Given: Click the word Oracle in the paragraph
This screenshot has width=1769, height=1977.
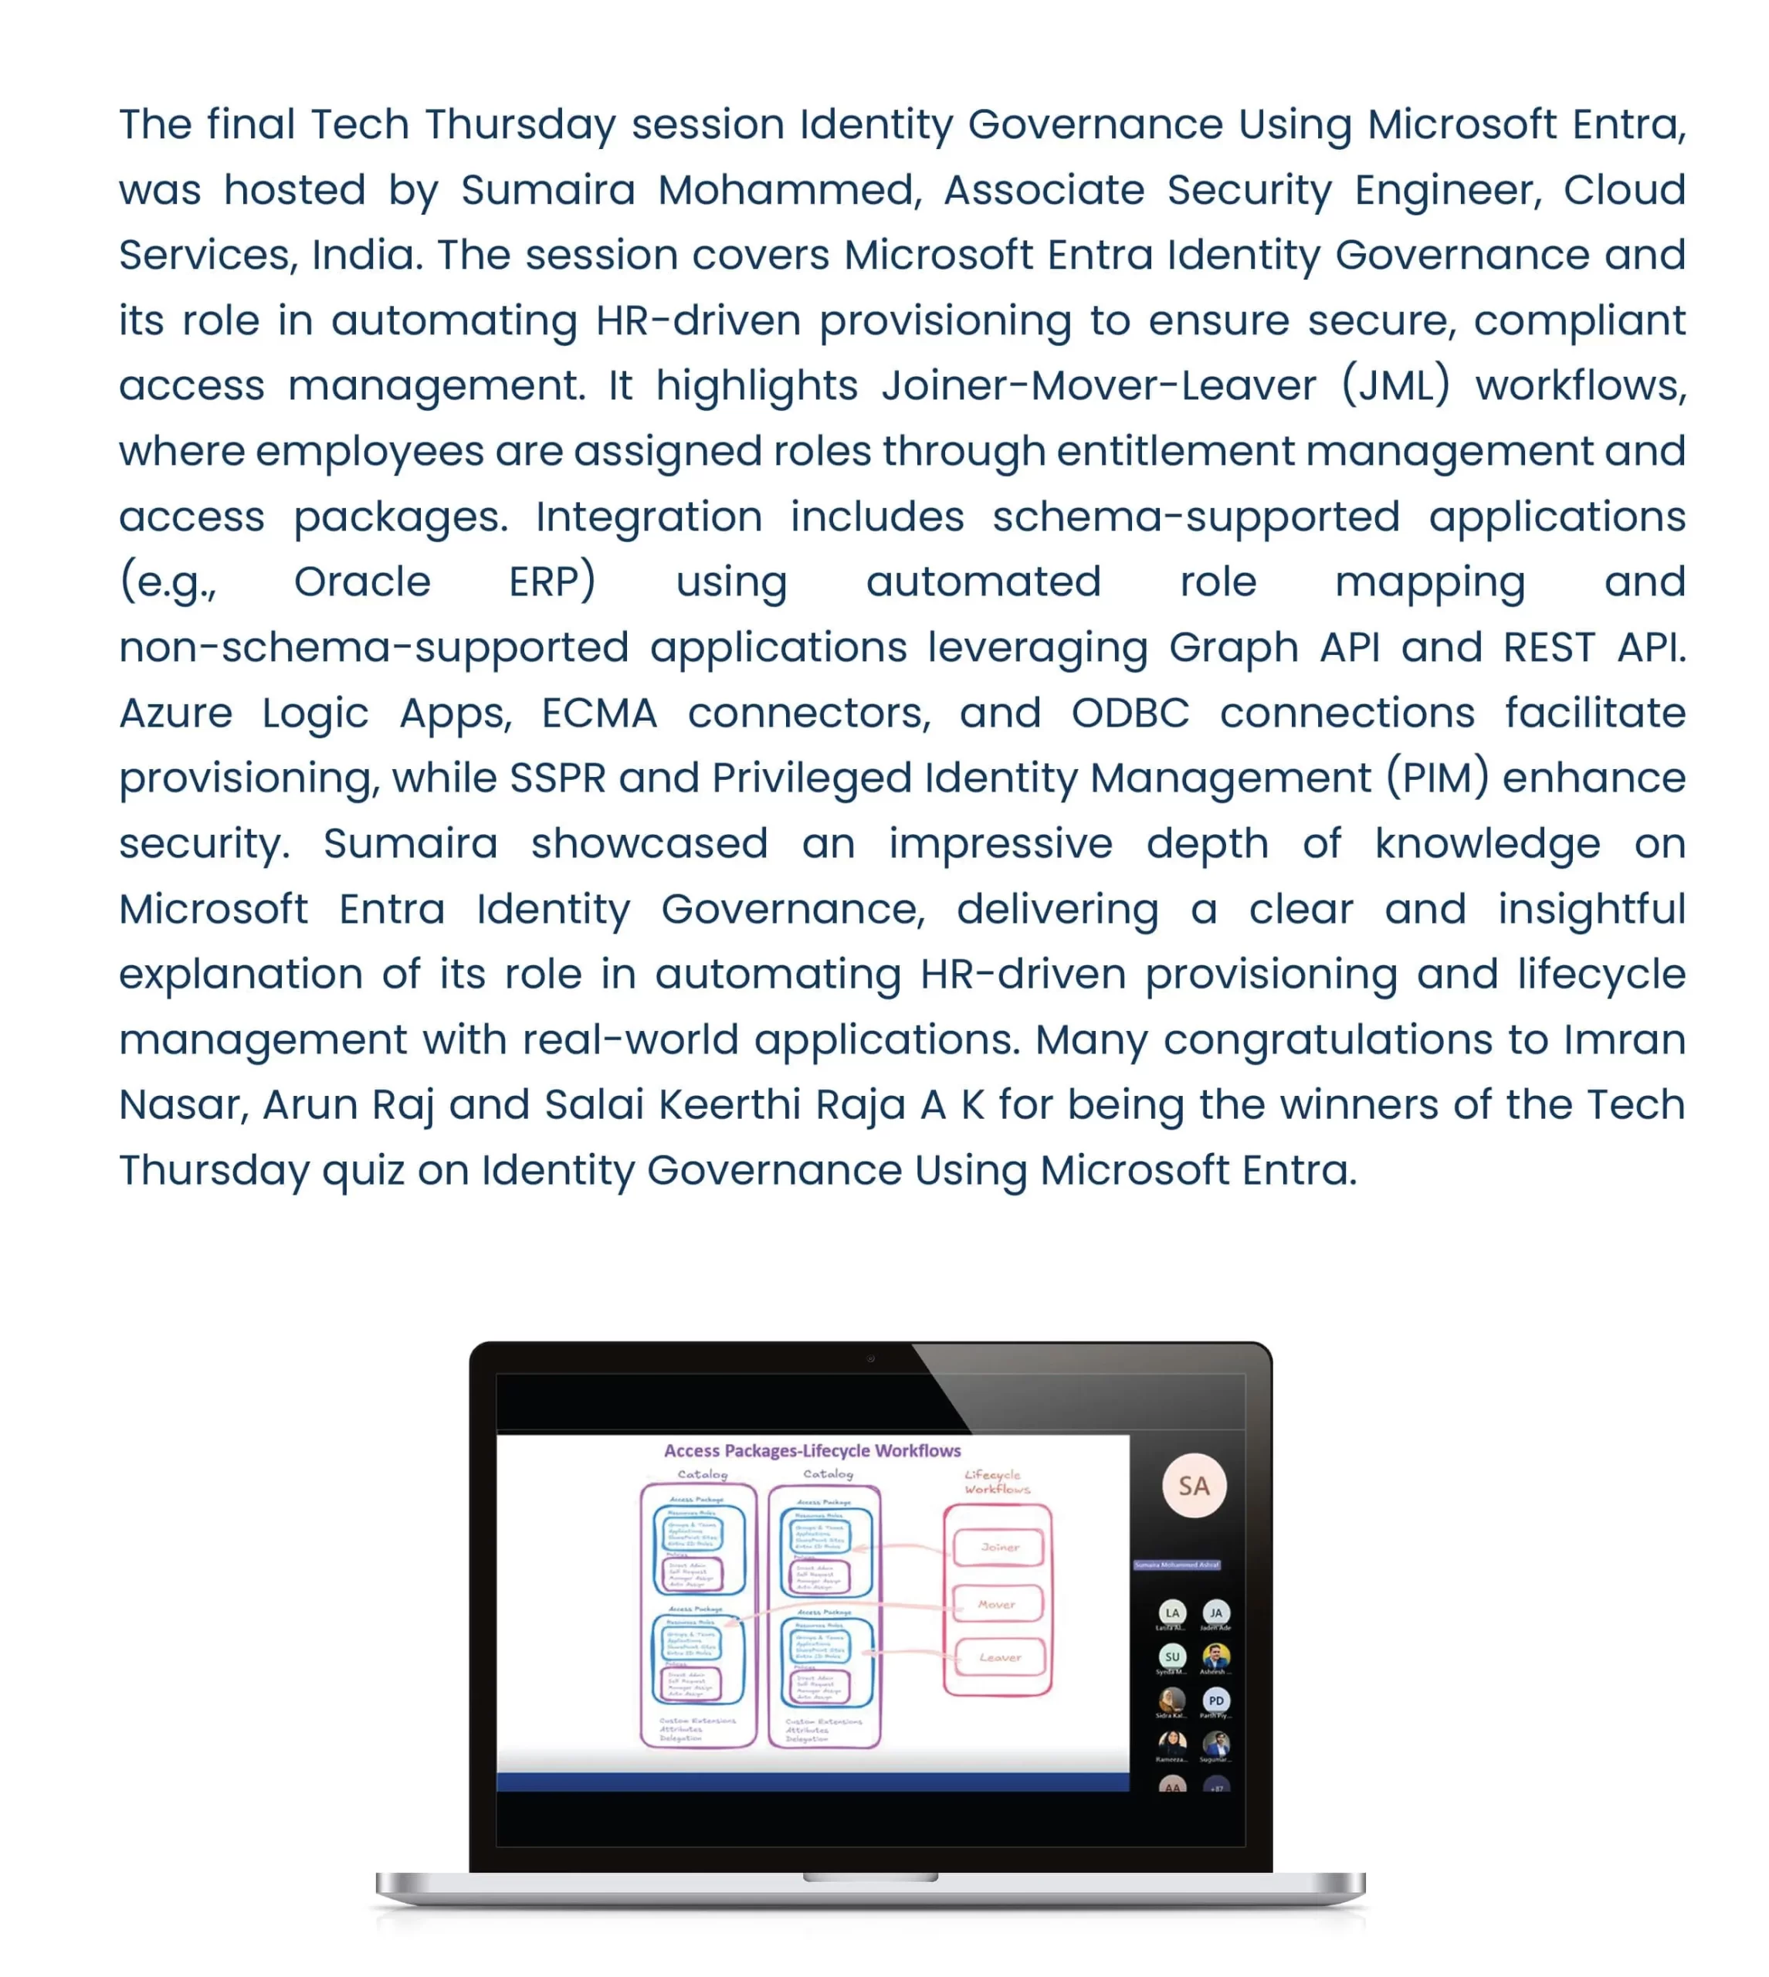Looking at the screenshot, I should [x=361, y=582].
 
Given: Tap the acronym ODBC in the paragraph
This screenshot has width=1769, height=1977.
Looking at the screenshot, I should [x=1130, y=714].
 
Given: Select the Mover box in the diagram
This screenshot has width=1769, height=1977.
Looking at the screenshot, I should [x=996, y=1605].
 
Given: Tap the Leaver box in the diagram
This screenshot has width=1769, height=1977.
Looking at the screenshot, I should [x=999, y=1657].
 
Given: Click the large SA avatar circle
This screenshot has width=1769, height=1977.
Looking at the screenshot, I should [x=1194, y=1486].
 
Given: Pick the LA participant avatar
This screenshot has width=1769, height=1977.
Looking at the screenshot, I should [x=1172, y=1612].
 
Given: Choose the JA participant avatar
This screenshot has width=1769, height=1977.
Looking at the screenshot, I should [x=1216, y=1612].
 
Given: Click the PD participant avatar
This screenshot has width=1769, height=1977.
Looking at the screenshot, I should [x=1216, y=1700].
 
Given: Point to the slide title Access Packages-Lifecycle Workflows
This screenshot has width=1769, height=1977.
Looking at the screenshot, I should [x=812, y=1450].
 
